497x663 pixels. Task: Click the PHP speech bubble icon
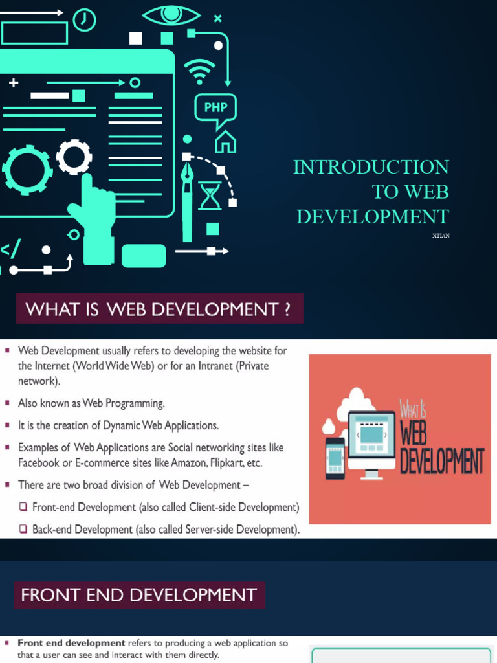click(x=215, y=109)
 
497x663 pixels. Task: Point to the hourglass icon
click(x=209, y=195)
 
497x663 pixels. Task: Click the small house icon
click(x=225, y=141)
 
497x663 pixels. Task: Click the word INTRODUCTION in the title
click(x=371, y=167)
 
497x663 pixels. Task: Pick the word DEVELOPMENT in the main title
click(x=372, y=216)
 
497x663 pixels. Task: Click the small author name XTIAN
click(x=440, y=236)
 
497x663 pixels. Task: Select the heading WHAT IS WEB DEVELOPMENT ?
click(x=159, y=309)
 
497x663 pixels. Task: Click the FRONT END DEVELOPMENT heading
click(x=139, y=594)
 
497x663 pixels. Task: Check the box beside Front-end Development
click(x=23, y=507)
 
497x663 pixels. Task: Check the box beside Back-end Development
click(x=23, y=529)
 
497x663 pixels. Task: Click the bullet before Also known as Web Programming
click(x=8, y=403)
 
